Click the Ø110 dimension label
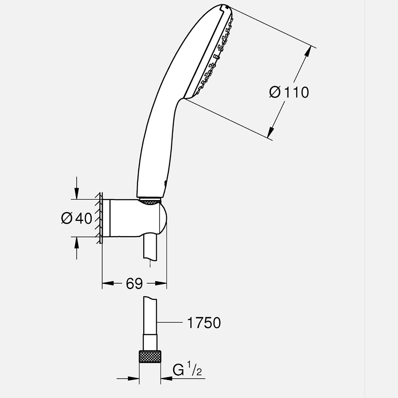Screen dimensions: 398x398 [x=289, y=93]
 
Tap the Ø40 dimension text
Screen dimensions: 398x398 [x=77, y=218]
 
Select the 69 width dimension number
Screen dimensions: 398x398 [x=134, y=284]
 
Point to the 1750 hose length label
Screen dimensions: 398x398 [x=204, y=323]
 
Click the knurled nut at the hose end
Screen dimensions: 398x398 [x=150, y=357]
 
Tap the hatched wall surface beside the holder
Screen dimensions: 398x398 [x=99, y=218]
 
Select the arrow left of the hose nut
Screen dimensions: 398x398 [x=133, y=379]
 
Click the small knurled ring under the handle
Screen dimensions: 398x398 [x=149, y=201]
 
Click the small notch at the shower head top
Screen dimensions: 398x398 [x=226, y=7]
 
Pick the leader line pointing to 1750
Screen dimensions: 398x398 [x=170, y=323]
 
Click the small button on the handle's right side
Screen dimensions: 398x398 [x=165, y=184]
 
